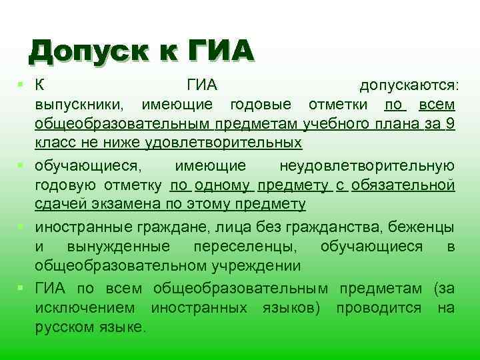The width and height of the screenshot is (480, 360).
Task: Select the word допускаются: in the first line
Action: pyautogui.click(x=407, y=85)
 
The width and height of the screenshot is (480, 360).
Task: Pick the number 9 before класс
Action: pyautogui.click(x=451, y=124)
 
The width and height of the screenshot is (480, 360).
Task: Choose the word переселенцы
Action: pyautogui.click(x=246, y=246)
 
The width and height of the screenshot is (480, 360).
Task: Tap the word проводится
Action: pyautogui.click(x=379, y=307)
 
